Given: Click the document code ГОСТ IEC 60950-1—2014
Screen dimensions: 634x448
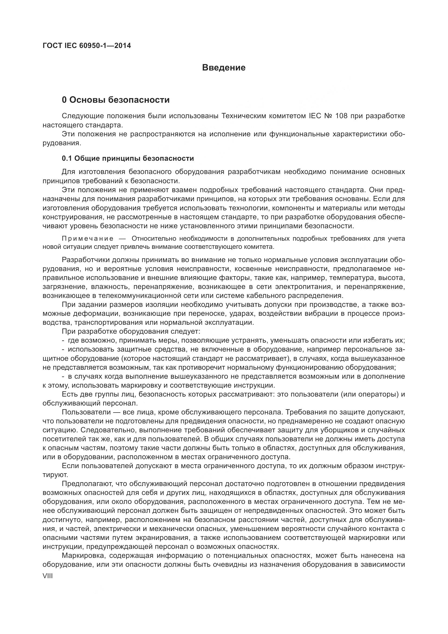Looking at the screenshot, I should tap(87, 46).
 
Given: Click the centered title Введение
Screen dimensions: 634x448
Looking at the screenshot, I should tap(224, 68).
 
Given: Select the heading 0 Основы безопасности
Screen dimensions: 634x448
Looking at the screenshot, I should tap(116, 100).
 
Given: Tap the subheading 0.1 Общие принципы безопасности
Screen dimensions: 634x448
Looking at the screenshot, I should tap(128, 159).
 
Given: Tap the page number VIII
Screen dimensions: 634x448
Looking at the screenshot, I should tap(47, 576).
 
